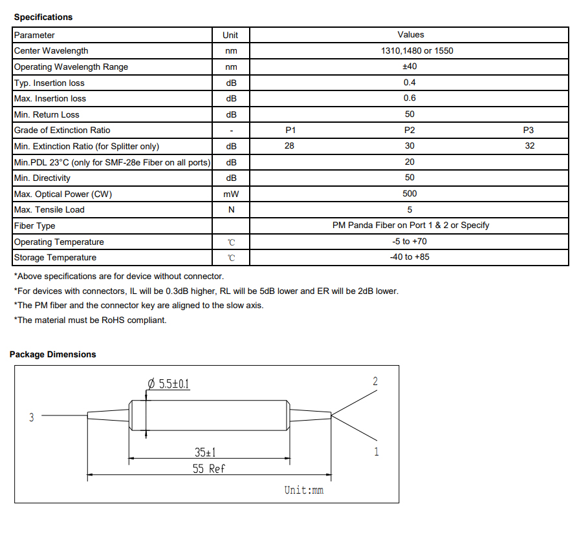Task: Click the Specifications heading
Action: [43, 17]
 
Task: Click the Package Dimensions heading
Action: [53, 354]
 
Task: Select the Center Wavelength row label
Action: [51, 51]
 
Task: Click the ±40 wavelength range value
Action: [410, 67]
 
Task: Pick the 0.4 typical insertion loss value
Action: [410, 83]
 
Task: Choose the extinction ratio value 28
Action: [289, 146]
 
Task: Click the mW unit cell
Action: [231, 194]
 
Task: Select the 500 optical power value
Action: [410, 194]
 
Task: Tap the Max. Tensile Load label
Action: [49, 210]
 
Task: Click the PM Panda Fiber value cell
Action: [410, 226]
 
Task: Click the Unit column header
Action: [230, 35]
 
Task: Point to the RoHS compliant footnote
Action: [90, 320]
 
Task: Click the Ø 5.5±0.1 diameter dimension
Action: [169, 384]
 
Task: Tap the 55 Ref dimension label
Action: [209, 468]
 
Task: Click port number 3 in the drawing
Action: [31, 417]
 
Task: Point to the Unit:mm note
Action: [303, 490]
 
